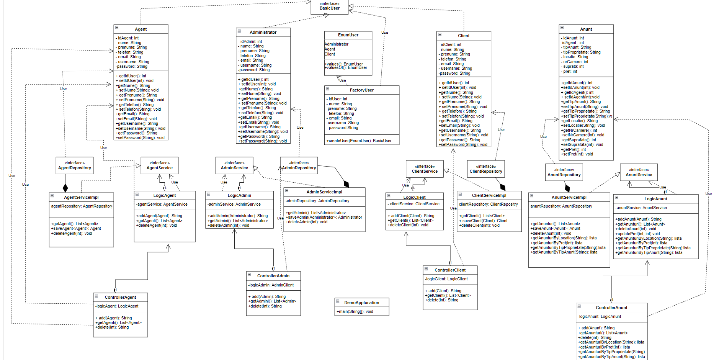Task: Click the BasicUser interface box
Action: tap(329, 6)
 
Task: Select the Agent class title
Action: tap(141, 29)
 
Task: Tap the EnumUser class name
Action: tap(348, 35)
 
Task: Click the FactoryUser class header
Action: tap(361, 90)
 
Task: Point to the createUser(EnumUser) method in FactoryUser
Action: tap(359, 141)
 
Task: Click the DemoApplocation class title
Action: tap(361, 303)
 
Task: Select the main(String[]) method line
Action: tap(355, 311)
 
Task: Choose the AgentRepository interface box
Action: tap(75, 165)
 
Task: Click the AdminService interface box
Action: tap(234, 165)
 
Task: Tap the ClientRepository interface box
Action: tap(486, 169)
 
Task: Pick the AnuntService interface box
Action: tap(639, 172)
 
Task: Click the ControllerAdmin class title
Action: tap(273, 276)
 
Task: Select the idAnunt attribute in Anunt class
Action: tap(573, 38)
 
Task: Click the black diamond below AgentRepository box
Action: tap(65, 188)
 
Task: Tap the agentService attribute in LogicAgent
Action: tap(162, 204)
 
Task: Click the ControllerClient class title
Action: tap(450, 270)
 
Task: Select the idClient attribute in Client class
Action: tap(451, 44)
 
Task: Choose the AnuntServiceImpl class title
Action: tap(569, 197)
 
